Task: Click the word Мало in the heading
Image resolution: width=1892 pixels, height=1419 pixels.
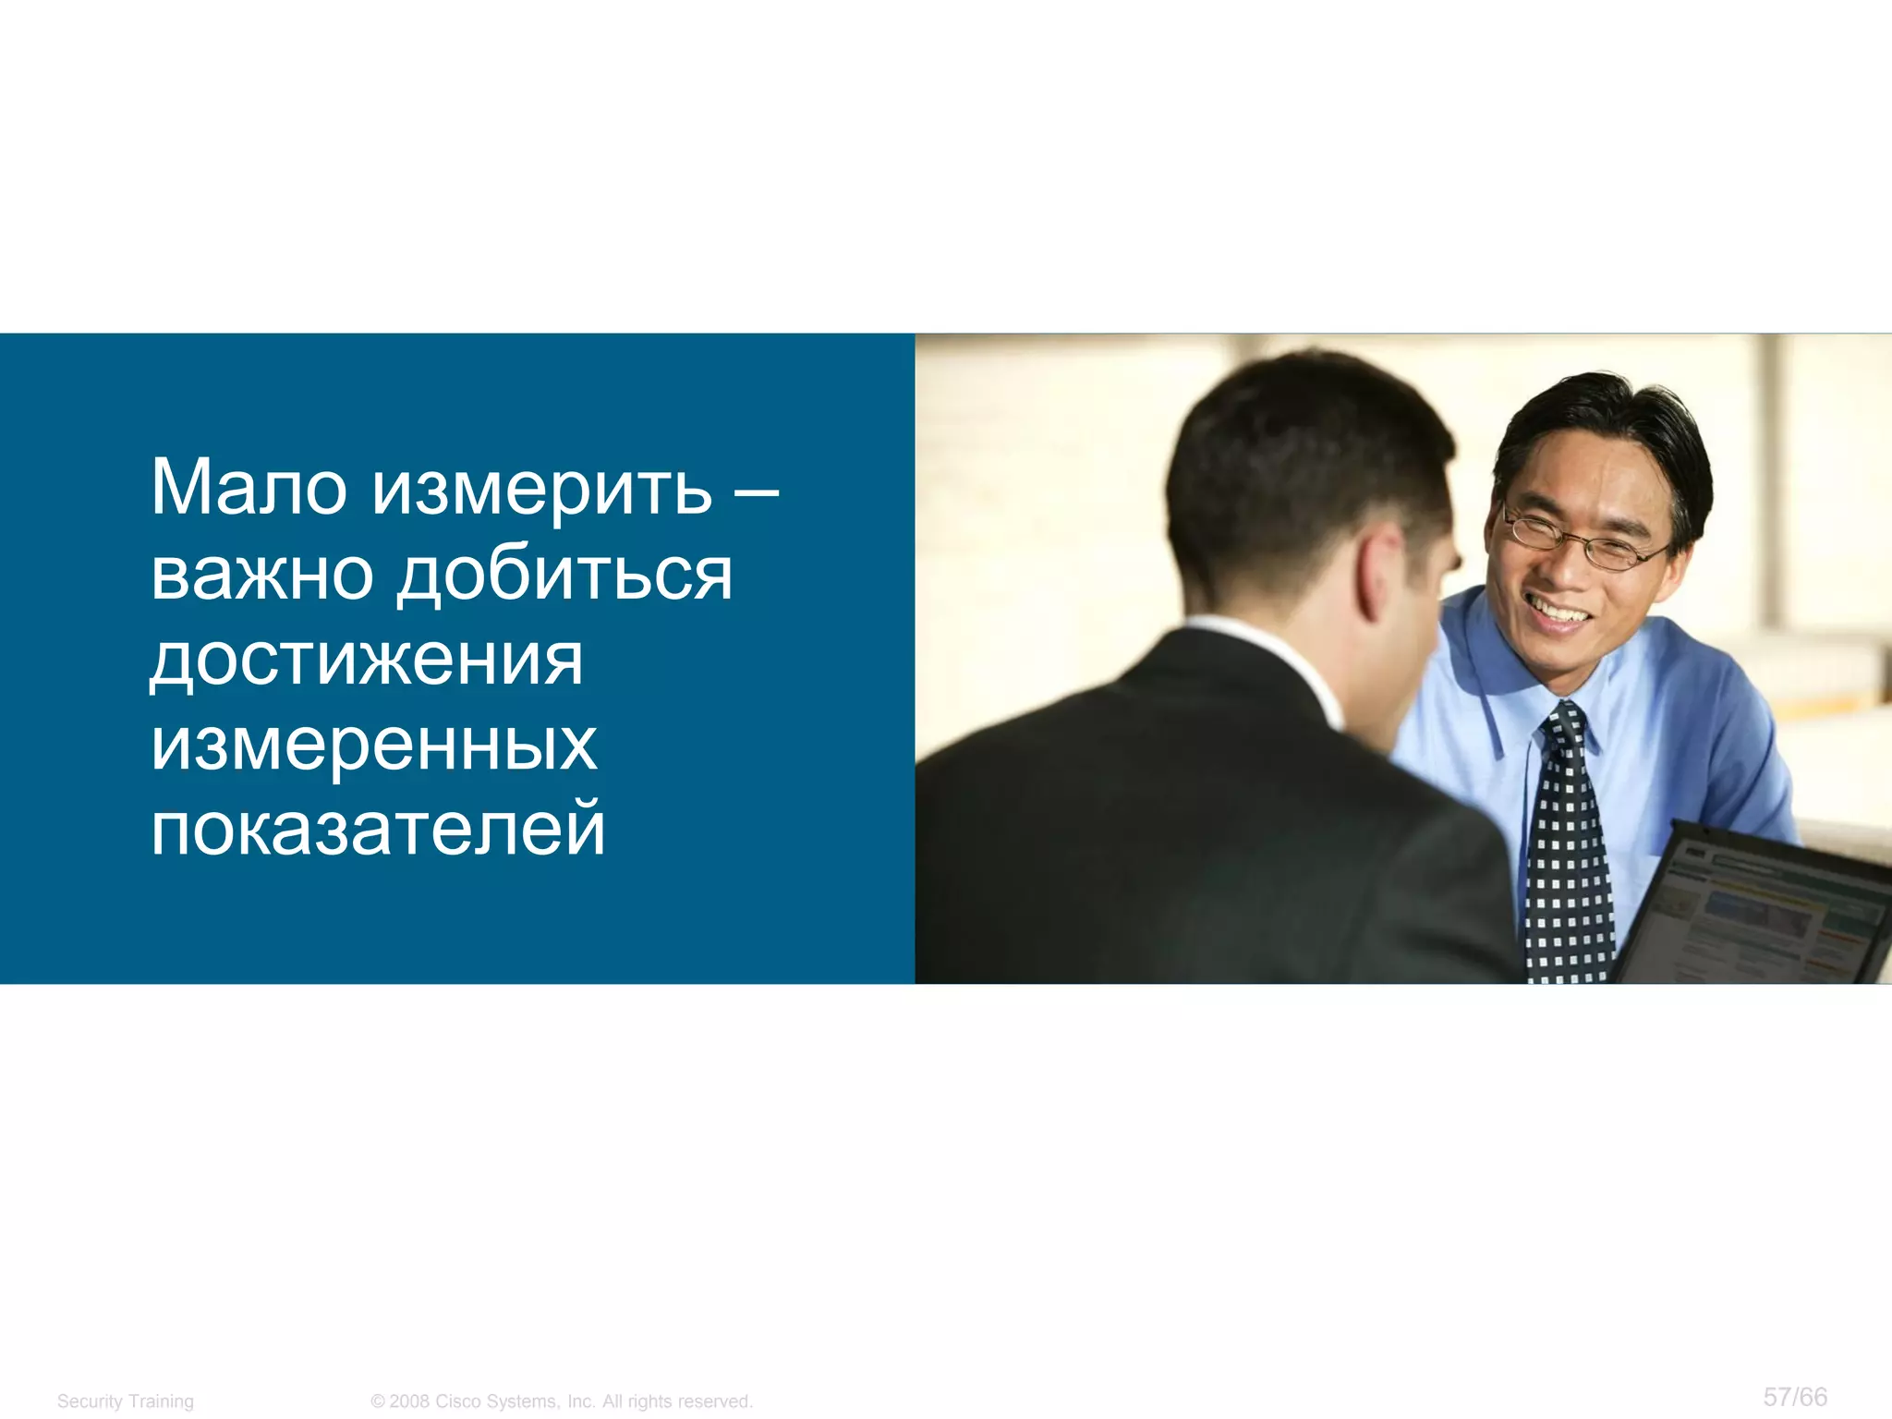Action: pos(249,488)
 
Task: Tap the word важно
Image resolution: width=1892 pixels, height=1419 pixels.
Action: pos(262,575)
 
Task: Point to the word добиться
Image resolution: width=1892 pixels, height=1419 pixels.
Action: pos(565,575)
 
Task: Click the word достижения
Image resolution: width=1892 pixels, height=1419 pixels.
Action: pos(367,660)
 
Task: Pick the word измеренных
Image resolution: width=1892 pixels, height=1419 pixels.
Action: pos(374,745)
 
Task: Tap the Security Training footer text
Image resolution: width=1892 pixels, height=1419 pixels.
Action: pos(126,1401)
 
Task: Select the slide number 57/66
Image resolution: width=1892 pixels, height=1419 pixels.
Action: pos(1795,1396)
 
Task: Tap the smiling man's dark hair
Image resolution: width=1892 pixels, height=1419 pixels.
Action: pos(1607,416)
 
